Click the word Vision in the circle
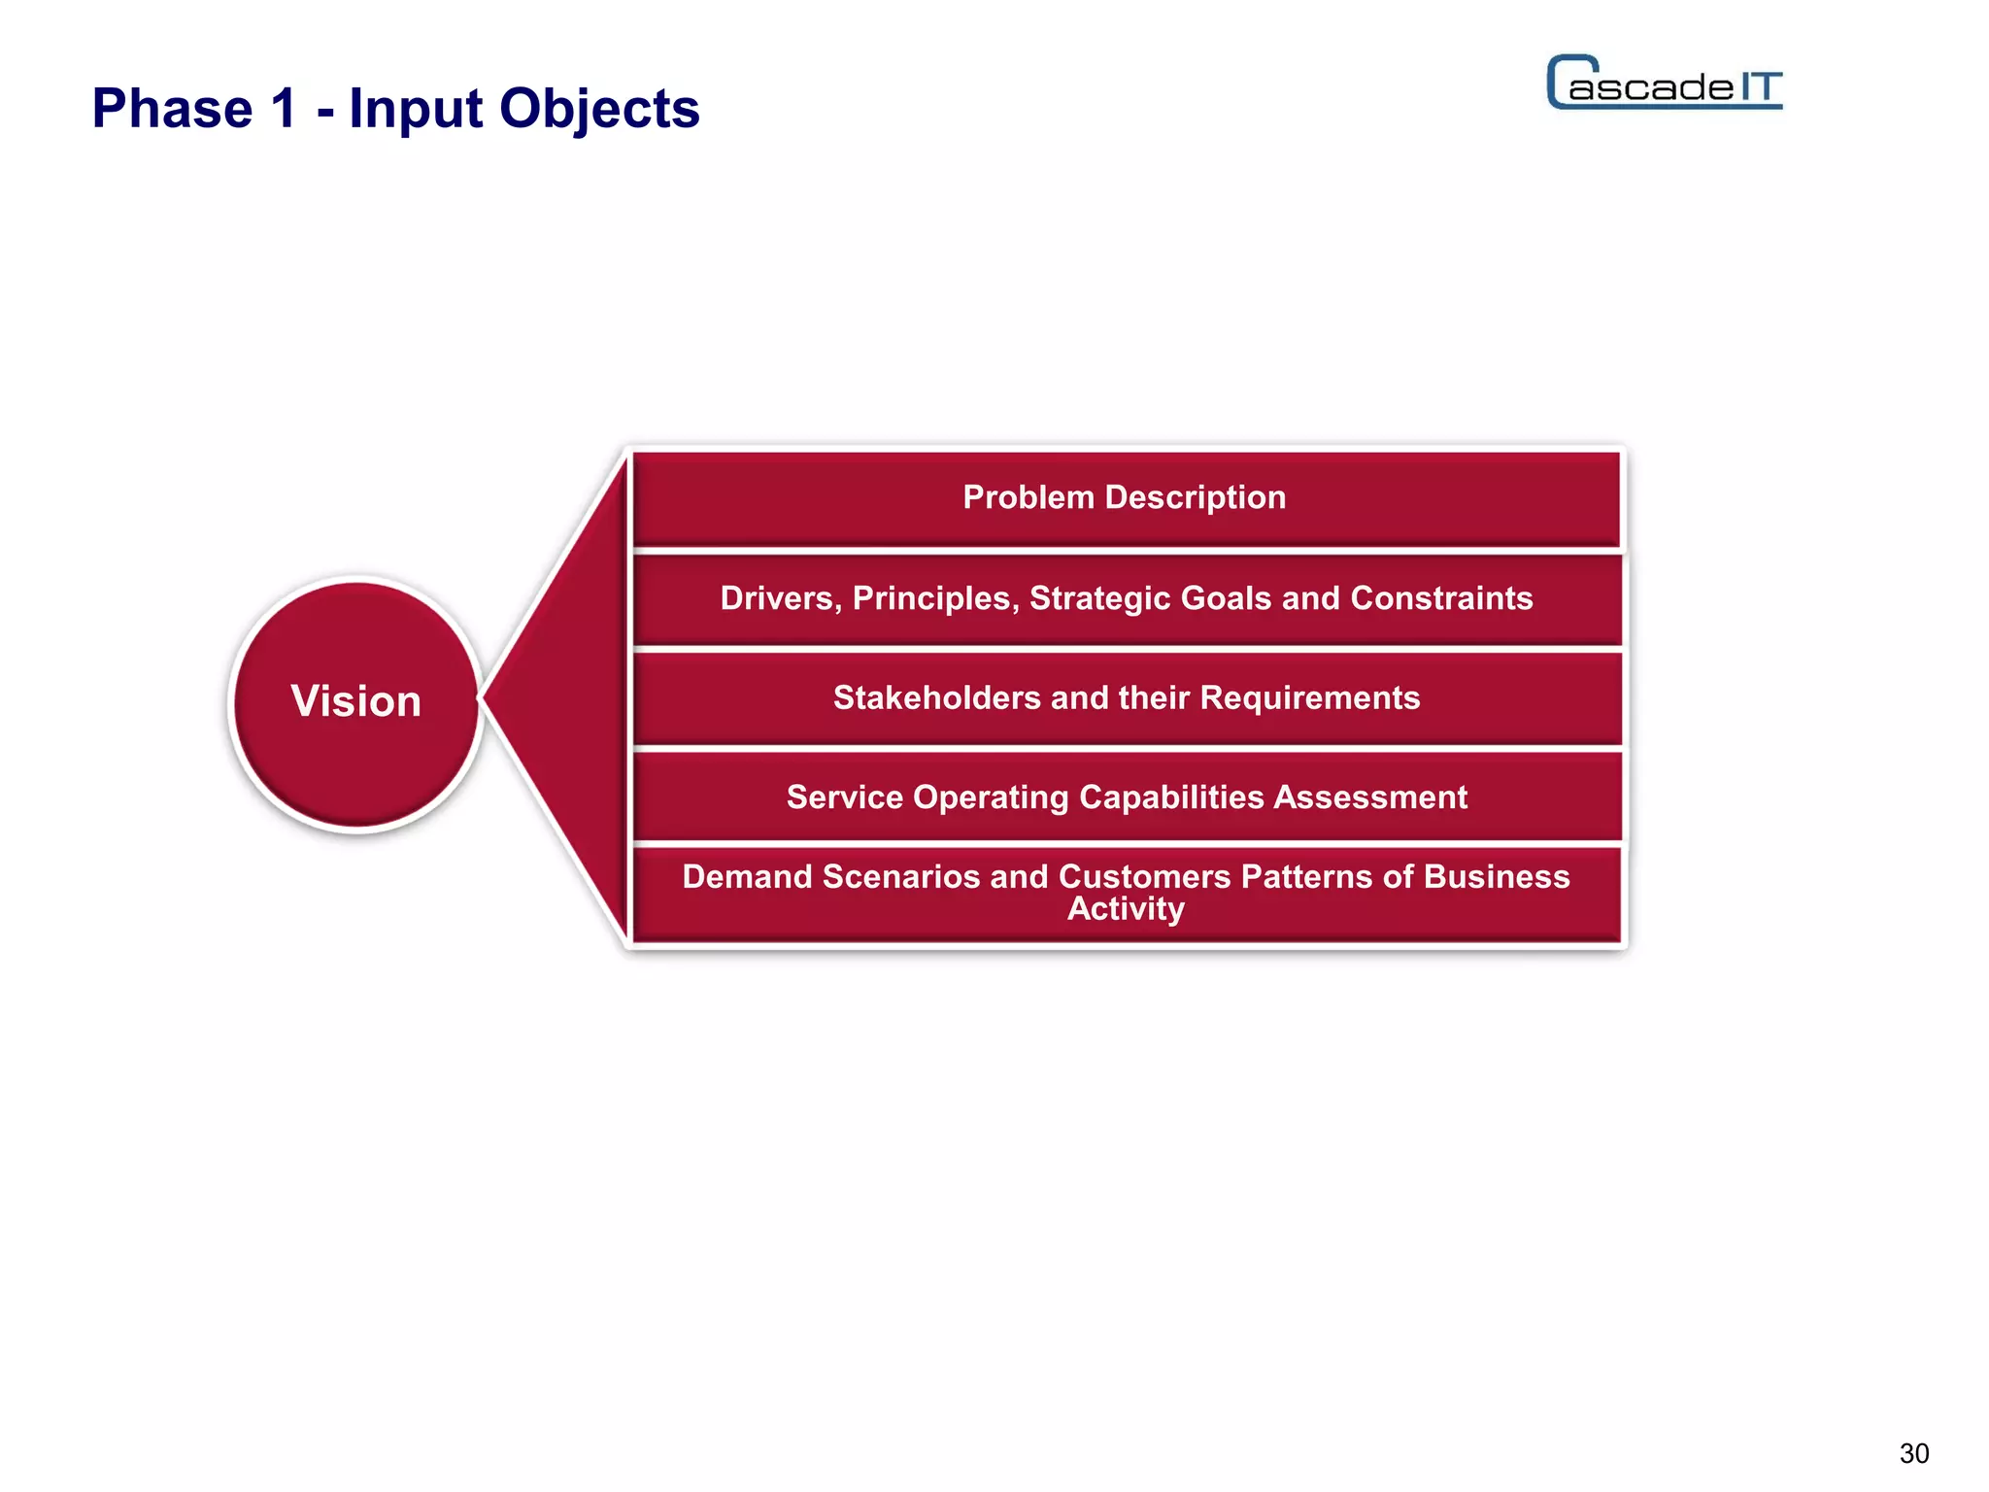pos(355,701)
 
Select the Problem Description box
pos(1125,497)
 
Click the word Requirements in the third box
pos(1309,697)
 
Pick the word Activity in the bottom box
pos(1126,909)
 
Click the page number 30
pos(1913,1453)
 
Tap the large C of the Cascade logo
pos(1566,82)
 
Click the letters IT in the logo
pos(1760,87)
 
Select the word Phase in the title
pos(171,108)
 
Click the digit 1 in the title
pos(284,108)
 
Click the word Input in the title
pos(415,110)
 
